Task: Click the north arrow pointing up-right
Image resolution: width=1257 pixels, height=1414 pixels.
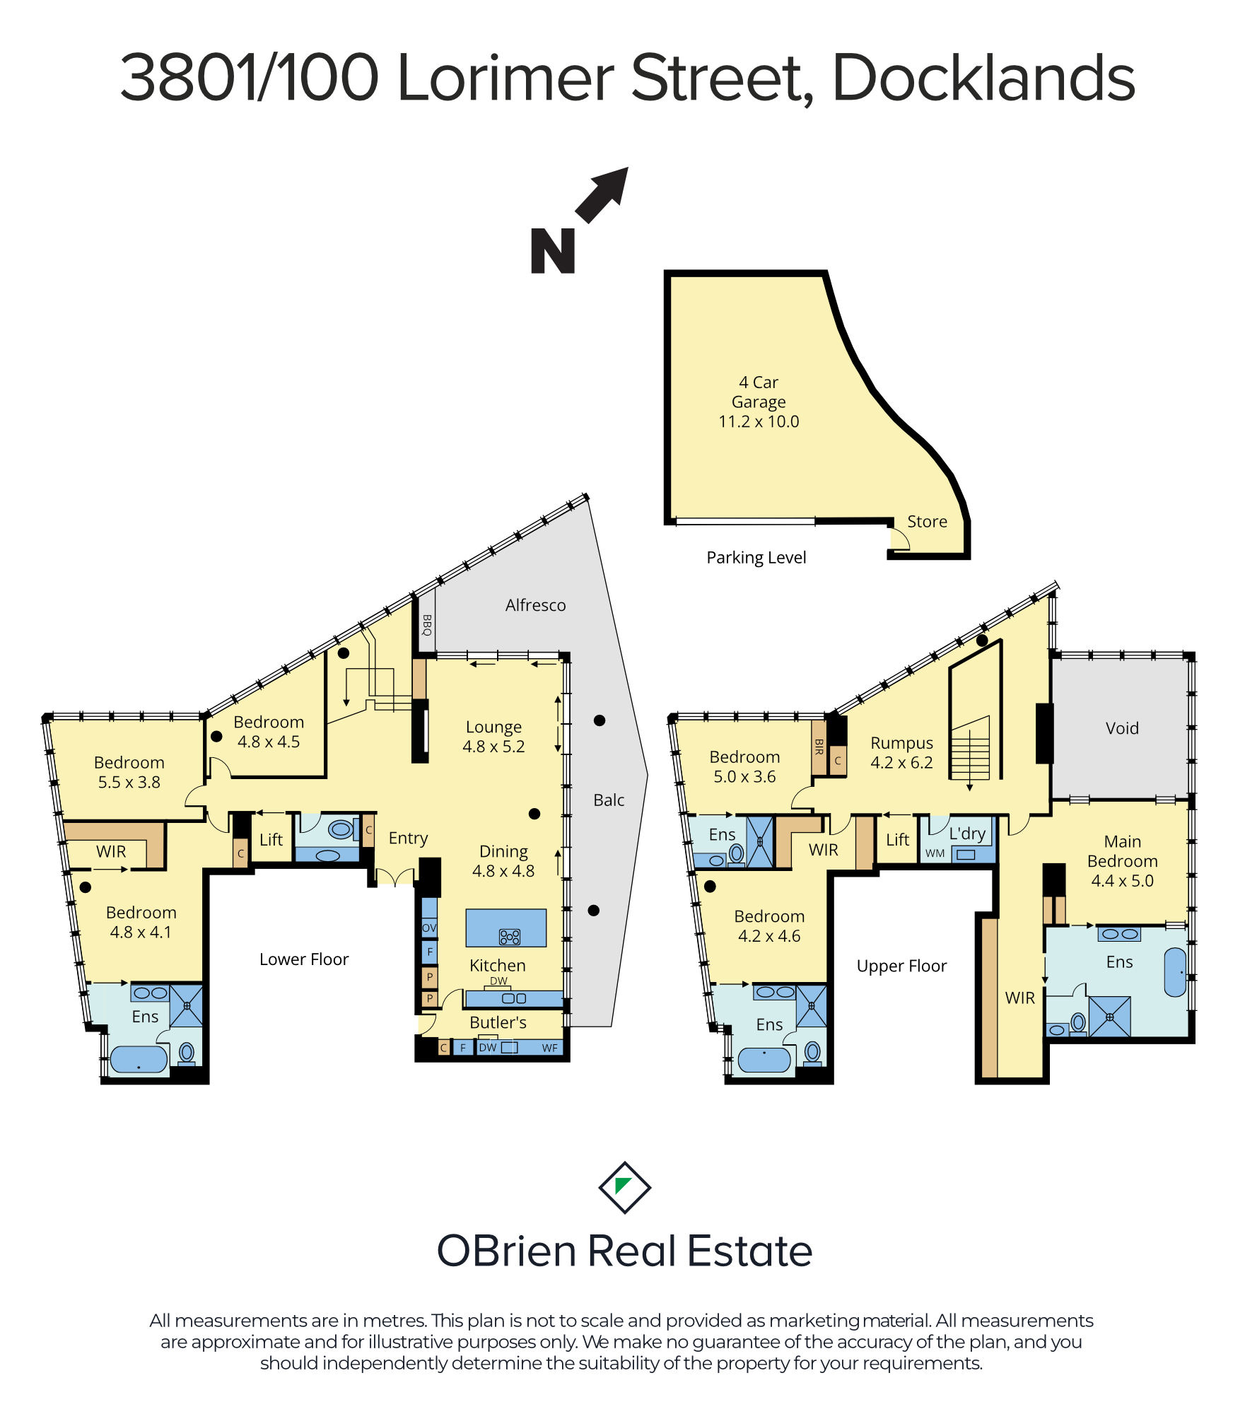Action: (602, 195)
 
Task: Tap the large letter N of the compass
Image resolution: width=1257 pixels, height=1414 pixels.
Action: (553, 251)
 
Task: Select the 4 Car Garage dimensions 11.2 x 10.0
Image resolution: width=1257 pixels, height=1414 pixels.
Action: (759, 421)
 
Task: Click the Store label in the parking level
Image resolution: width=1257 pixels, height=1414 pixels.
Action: (927, 521)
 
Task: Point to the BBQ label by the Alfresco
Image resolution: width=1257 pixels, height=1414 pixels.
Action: (426, 625)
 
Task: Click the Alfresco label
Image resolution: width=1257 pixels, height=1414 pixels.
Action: (535, 605)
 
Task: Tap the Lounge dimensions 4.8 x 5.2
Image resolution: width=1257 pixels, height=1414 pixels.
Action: (493, 747)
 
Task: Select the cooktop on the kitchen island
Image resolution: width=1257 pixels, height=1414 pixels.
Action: (510, 937)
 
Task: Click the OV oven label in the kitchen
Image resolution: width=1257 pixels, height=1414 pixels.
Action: (429, 928)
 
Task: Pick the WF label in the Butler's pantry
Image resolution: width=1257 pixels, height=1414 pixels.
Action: (550, 1048)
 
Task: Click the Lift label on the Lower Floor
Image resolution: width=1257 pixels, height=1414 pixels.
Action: (271, 839)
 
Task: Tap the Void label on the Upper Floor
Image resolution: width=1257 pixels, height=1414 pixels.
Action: (1122, 728)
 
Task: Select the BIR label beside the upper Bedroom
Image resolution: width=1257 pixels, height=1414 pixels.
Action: (819, 747)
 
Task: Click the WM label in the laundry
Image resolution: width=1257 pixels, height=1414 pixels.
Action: (935, 853)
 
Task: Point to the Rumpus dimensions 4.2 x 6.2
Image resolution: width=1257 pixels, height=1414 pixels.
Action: (901, 763)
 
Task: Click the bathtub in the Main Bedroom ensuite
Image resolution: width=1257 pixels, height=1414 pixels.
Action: (1175, 972)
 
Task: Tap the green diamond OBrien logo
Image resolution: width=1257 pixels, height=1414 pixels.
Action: (625, 1187)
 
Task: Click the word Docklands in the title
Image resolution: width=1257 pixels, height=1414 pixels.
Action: (983, 78)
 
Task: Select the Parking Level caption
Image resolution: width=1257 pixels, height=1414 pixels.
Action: (756, 558)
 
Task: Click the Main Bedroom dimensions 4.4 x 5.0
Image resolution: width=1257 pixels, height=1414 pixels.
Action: (1122, 881)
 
